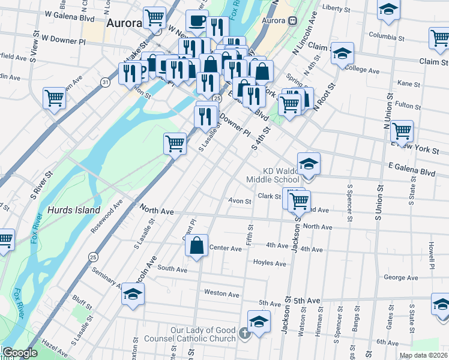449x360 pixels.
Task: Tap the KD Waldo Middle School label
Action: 273,175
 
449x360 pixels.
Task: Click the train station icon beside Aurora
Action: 292,20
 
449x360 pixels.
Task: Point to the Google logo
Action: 19,353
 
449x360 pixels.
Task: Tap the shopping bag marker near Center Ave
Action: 196,245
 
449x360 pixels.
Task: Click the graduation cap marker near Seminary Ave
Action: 133,294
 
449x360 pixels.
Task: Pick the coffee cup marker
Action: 197,22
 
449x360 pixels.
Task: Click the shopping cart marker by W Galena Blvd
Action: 155,17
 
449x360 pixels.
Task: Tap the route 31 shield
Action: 106,82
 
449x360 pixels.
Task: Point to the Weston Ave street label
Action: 222,293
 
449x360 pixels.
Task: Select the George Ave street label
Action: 400,278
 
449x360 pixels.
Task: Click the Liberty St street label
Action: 336,9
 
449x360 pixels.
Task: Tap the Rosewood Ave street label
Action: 107,211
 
